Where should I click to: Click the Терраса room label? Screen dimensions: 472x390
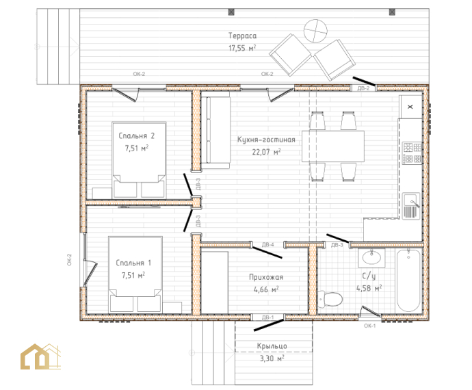click(x=242, y=36)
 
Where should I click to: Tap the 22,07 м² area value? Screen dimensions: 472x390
click(x=266, y=151)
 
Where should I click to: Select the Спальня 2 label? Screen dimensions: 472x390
click(x=136, y=136)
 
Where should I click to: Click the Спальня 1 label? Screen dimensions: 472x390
click(x=133, y=263)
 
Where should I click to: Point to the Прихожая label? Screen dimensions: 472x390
click(x=266, y=277)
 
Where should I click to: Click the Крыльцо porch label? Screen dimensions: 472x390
click(x=272, y=346)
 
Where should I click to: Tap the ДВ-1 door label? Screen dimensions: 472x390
click(x=267, y=317)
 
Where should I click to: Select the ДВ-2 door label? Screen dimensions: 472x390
click(x=363, y=88)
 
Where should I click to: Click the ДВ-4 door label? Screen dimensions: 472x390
click(x=267, y=244)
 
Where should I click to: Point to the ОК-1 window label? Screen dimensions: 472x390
click(x=369, y=326)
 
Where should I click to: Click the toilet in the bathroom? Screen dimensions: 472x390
click(x=330, y=299)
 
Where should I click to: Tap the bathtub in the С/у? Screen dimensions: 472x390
click(x=408, y=281)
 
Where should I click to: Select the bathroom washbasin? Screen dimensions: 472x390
click(x=371, y=258)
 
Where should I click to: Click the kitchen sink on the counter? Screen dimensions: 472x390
click(x=411, y=206)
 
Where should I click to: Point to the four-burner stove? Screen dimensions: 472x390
click(x=412, y=153)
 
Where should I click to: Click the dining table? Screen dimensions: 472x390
click(x=333, y=146)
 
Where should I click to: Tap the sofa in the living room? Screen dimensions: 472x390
click(x=215, y=130)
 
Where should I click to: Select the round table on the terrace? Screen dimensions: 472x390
click(x=315, y=31)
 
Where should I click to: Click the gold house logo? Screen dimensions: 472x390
click(x=40, y=356)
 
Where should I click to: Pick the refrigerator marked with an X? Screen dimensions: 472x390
click(x=410, y=107)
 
